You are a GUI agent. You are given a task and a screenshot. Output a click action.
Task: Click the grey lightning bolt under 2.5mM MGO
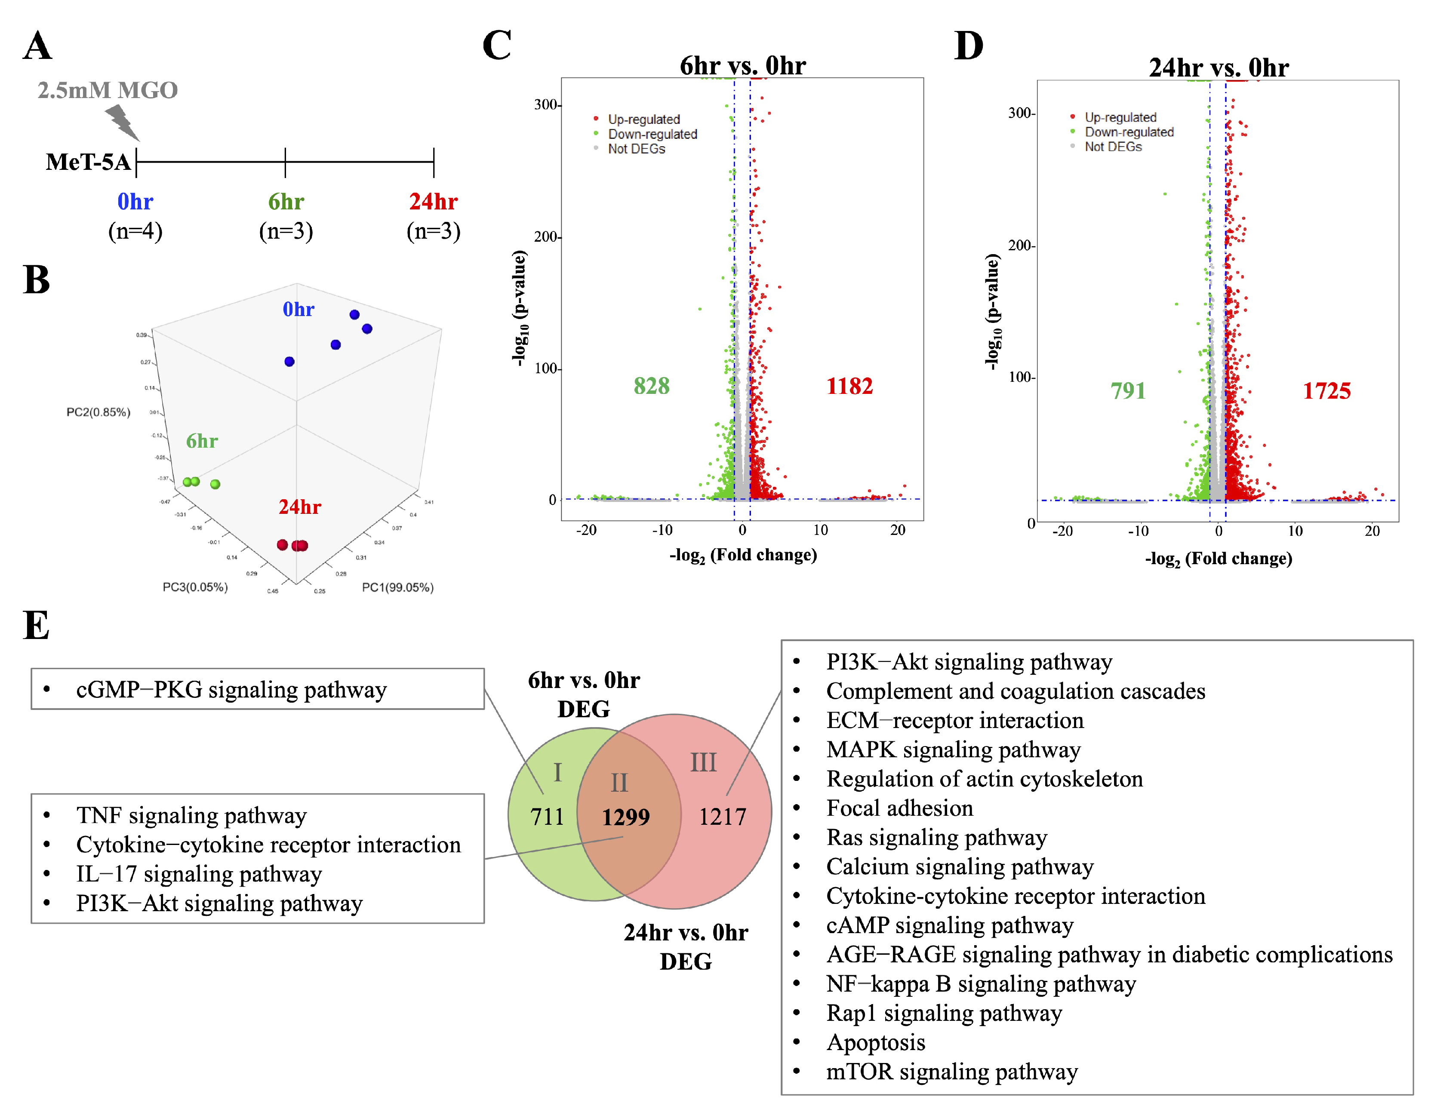pos(122,123)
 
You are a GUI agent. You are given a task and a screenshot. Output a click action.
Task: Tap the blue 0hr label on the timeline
pos(135,202)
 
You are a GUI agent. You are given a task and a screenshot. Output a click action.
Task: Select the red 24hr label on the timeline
pos(434,202)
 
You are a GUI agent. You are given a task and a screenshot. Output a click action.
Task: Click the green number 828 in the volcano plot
pos(651,386)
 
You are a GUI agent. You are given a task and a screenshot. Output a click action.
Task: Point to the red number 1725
pos(1326,391)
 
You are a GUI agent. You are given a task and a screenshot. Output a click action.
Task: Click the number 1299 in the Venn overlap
pos(626,817)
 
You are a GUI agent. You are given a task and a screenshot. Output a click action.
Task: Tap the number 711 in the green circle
pos(547,817)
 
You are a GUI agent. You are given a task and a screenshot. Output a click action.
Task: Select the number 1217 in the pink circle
pos(722,817)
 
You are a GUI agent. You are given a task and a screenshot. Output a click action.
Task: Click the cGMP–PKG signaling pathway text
pos(231,690)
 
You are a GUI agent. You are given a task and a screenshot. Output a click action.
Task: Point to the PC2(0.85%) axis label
pos(98,412)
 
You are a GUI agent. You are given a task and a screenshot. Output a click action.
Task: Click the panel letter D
pos(969,46)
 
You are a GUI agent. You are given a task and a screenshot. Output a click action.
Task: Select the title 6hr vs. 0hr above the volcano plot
pos(743,66)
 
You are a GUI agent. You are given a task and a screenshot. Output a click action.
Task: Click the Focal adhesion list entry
pos(899,808)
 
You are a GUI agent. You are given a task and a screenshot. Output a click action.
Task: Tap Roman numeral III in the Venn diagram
pos(703,763)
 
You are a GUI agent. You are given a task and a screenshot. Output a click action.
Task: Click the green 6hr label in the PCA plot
pos(202,441)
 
